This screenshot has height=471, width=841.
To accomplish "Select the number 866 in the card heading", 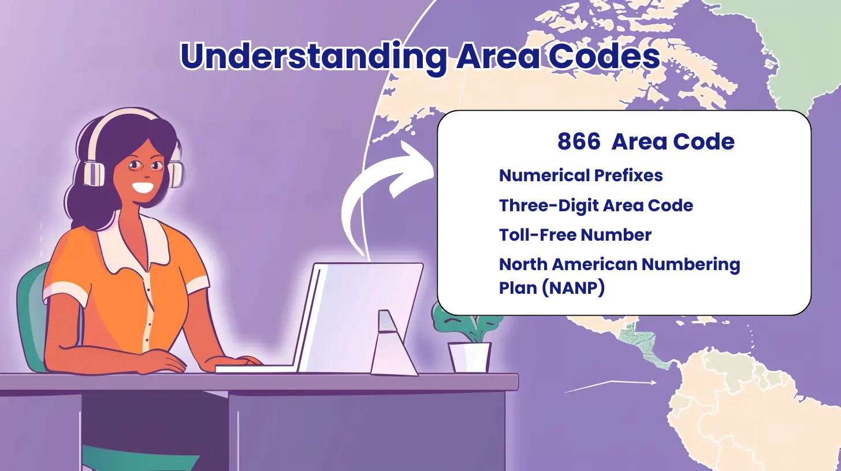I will (579, 142).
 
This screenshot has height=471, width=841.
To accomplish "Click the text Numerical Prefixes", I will (580, 175).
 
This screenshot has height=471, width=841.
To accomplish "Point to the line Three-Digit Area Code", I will (596, 205).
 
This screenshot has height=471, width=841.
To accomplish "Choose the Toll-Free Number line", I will (575, 235).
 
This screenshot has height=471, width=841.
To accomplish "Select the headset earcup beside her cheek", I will (94, 174).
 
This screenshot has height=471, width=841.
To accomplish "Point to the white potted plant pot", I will (469, 357).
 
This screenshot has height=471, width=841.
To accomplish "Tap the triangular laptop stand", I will (393, 346).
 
